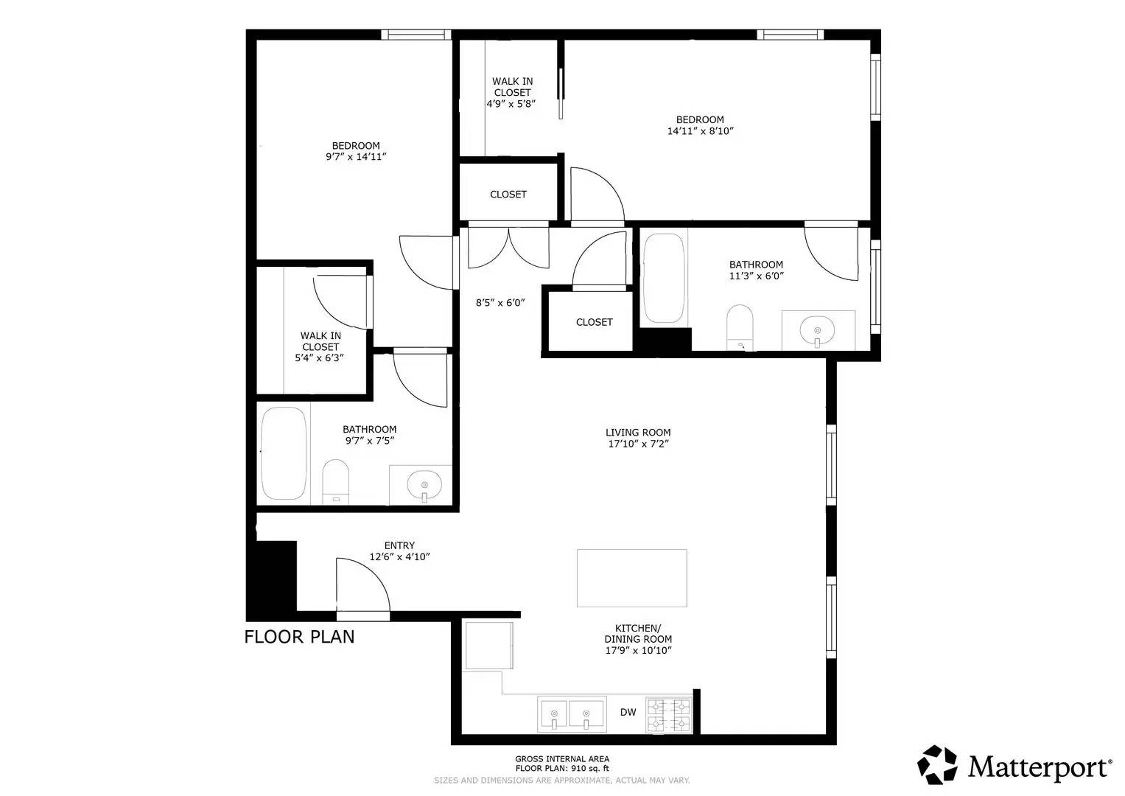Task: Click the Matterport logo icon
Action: tap(937, 764)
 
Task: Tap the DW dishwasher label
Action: tap(628, 712)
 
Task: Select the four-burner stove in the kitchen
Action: tap(669, 714)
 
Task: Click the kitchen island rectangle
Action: tap(631, 578)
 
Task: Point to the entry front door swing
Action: tap(361, 584)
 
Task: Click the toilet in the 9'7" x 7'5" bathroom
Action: tap(336, 481)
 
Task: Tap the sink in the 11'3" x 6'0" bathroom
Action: tap(817, 329)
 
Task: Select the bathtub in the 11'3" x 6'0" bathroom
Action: tap(664, 279)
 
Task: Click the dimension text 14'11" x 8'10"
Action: tap(700, 131)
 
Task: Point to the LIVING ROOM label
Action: tap(638, 433)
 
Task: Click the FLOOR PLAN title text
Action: tap(299, 636)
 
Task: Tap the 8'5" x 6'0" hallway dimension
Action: tap(500, 302)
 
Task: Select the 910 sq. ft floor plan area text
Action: tap(562, 768)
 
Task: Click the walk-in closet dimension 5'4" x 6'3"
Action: tap(320, 358)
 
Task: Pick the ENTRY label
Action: tap(399, 545)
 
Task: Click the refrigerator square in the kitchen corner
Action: tap(488, 646)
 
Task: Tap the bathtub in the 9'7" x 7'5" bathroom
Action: tap(284, 453)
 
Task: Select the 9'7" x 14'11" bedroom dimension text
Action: tap(356, 157)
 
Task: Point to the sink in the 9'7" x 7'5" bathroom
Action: tap(424, 485)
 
